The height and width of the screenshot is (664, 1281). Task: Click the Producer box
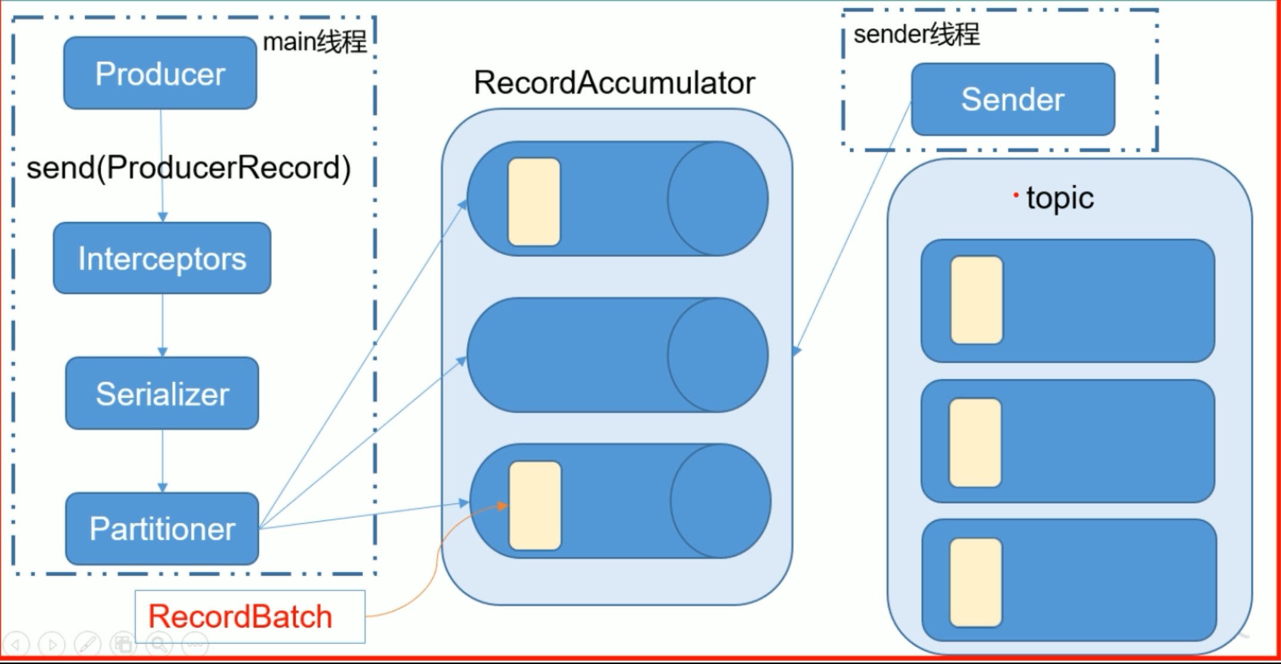click(x=160, y=73)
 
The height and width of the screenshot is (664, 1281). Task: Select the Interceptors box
click(x=162, y=258)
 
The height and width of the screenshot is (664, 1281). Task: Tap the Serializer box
click(x=162, y=393)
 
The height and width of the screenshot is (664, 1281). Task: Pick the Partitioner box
click(x=162, y=529)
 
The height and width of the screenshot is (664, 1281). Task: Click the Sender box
click(x=1013, y=100)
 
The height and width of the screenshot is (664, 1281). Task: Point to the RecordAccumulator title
click(x=614, y=82)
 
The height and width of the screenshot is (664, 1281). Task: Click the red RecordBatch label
click(x=240, y=616)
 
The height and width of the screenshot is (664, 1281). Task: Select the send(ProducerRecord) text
click(x=188, y=167)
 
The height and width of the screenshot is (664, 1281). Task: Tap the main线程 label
click(x=315, y=42)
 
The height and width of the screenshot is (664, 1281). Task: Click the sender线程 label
click(x=916, y=34)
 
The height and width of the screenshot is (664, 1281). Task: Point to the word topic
click(x=1060, y=198)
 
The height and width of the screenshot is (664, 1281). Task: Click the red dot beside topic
click(x=1016, y=195)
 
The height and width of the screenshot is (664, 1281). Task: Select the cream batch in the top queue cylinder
click(x=534, y=201)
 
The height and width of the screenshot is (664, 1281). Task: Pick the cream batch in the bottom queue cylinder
click(x=535, y=505)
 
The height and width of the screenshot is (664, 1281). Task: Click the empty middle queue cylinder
click(x=596, y=355)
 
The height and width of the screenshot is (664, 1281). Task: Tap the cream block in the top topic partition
click(x=977, y=300)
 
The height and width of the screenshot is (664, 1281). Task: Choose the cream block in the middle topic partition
click(x=975, y=443)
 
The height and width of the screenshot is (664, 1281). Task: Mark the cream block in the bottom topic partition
click(x=976, y=582)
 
